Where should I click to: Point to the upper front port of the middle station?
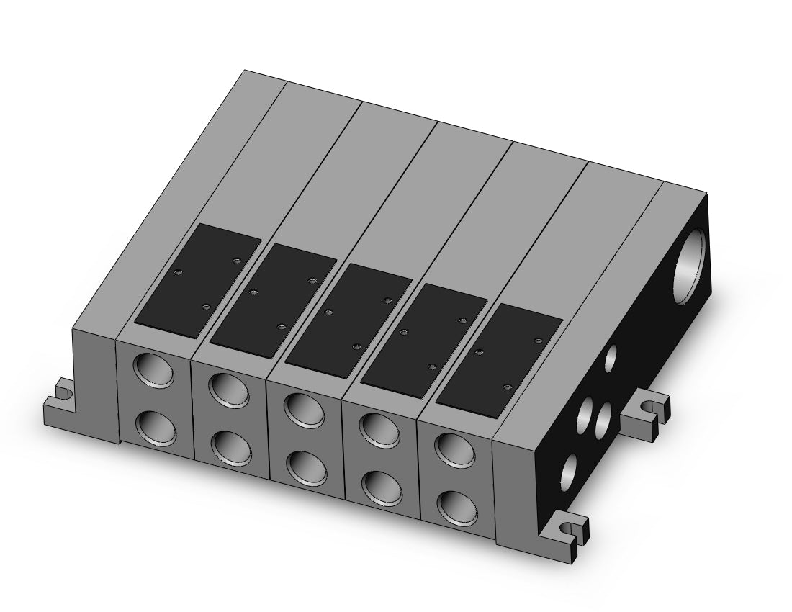point(305,410)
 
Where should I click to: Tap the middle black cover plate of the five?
point(349,318)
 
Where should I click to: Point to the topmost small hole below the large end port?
point(611,356)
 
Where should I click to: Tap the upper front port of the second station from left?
point(230,390)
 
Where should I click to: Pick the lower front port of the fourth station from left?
point(381,487)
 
